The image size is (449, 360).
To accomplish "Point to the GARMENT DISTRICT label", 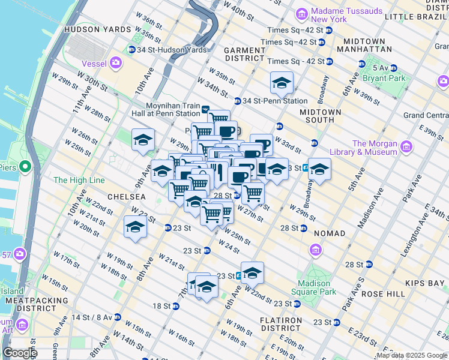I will (x=244, y=54).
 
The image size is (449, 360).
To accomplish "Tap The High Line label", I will (x=79, y=180).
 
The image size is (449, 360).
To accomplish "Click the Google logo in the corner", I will (x=20, y=353).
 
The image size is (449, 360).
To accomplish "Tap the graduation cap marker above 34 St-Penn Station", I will (x=282, y=84).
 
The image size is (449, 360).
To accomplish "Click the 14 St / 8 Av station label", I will (x=92, y=317).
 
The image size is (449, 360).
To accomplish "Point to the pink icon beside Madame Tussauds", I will (x=302, y=13).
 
